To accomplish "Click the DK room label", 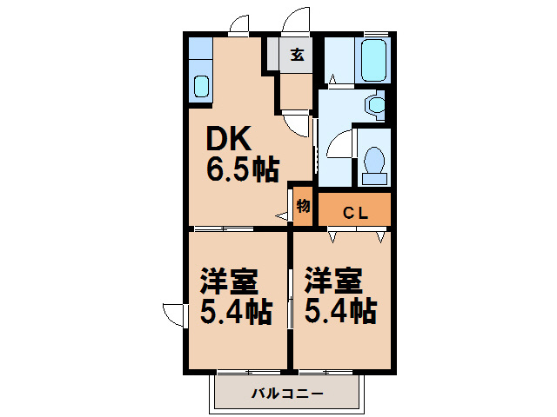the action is click(x=229, y=139).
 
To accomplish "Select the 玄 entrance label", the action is click(x=297, y=55).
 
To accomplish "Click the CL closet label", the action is click(x=355, y=213).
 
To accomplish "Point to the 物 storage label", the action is click(x=303, y=206).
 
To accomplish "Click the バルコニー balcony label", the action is click(x=288, y=394).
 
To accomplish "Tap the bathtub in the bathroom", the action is click(x=373, y=60).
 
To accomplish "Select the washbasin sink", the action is click(x=377, y=105).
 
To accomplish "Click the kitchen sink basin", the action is click(x=201, y=87).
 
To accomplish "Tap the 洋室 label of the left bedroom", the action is click(x=229, y=281).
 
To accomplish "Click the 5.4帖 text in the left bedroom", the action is click(x=236, y=312).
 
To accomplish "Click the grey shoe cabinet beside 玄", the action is click(x=273, y=54).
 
